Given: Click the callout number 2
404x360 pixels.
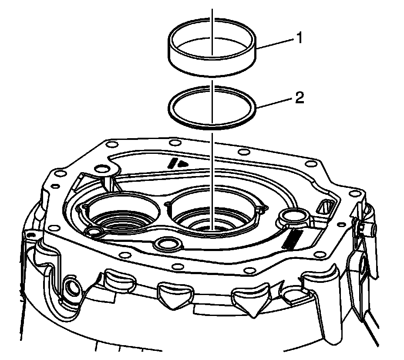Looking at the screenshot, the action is coord(299,98).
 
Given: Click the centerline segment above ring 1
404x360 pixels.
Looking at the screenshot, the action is coord(212,17).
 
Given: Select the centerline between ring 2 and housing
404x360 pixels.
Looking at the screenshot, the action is coord(212,174).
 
